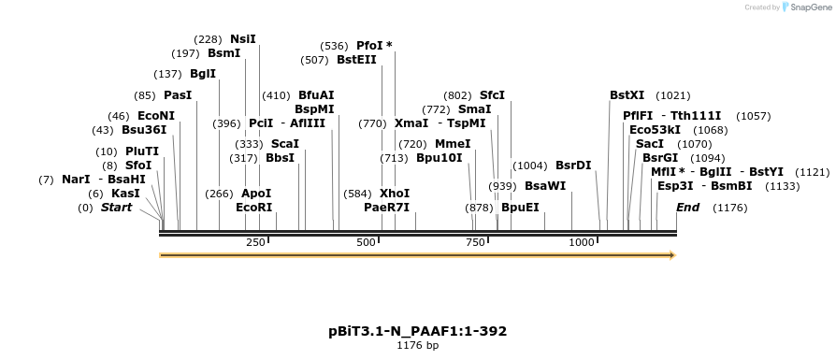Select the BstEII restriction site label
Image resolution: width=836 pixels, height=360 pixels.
point(356,60)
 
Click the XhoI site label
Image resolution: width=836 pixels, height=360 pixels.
point(395,194)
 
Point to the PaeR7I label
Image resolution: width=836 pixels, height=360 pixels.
point(386,208)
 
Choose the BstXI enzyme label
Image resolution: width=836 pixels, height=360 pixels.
point(627,95)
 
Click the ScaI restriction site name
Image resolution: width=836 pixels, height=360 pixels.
point(284,144)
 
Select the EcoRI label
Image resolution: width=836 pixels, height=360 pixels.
point(253,208)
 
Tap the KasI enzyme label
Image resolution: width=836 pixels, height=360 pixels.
point(126,194)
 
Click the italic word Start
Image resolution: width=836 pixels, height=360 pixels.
point(117,208)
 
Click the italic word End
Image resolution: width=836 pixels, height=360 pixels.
point(687,208)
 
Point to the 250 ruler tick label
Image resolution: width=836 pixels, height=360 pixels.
point(255,242)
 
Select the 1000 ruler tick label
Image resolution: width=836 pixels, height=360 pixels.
point(582,242)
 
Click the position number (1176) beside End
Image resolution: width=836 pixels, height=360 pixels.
point(730,208)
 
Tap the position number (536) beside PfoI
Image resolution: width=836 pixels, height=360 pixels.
point(334,46)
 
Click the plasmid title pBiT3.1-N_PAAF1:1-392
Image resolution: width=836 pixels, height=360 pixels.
point(417,331)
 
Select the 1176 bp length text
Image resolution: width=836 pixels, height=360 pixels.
point(417,346)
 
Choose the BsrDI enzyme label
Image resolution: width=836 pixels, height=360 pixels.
point(573,166)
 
